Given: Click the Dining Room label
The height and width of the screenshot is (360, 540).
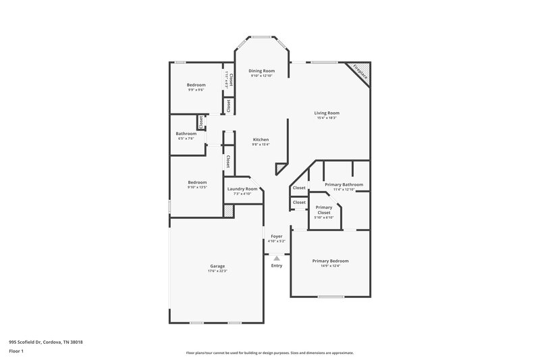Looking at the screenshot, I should point(261,70).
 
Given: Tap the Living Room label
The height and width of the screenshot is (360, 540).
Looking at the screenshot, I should point(327,113).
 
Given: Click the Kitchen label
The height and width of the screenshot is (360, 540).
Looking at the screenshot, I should point(261,140).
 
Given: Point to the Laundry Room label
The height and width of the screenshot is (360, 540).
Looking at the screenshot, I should point(242,189).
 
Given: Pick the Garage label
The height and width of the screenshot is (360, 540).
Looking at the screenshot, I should point(217,266).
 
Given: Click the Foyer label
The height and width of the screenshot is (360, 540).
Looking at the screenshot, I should point(276,236).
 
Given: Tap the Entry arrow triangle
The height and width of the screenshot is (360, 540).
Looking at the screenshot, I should point(276,257).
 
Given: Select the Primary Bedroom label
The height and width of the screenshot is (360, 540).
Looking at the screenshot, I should point(330,261).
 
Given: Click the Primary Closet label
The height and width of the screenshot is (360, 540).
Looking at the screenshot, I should point(324,209).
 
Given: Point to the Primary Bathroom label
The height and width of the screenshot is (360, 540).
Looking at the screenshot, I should point(344,184).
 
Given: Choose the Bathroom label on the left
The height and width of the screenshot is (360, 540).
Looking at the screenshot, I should point(186,134).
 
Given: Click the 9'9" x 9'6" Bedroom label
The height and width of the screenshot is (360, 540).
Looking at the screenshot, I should point(196,84).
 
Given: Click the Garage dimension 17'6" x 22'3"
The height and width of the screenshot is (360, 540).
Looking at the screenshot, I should point(217,271).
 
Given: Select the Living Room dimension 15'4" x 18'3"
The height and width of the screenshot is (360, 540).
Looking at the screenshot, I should point(327,118).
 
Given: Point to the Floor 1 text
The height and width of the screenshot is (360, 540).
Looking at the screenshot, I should point(17,351).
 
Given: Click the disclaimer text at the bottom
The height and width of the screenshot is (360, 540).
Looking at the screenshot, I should point(269,353).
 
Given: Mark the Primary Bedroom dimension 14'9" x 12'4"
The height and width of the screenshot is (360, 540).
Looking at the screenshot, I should point(330,265).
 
